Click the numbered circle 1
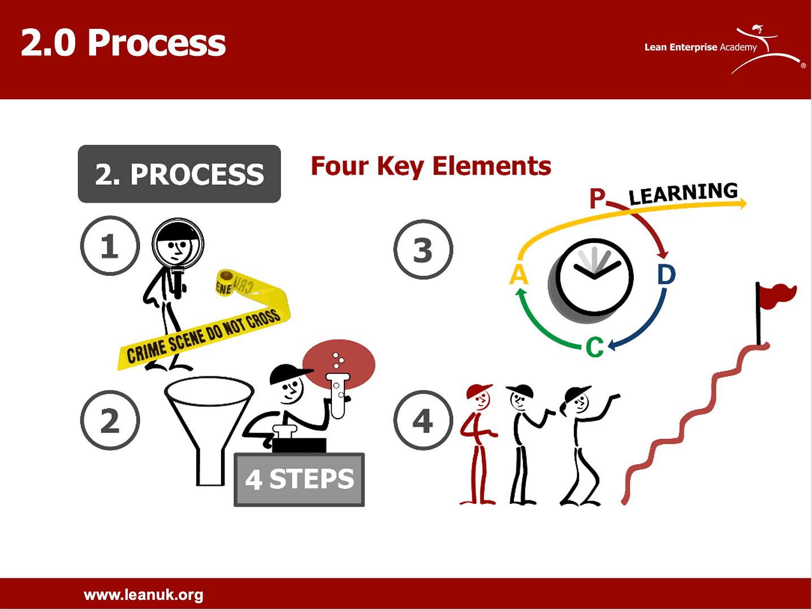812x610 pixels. (x=110, y=246)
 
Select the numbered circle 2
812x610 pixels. (x=110, y=420)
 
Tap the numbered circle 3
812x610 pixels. (x=423, y=249)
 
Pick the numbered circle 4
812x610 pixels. (x=423, y=420)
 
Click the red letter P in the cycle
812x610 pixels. (x=597, y=199)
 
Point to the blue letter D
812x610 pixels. (x=666, y=275)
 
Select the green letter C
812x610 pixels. (x=594, y=347)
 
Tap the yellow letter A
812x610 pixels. (x=519, y=275)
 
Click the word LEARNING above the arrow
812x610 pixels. (x=683, y=193)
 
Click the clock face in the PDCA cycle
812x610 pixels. (x=594, y=277)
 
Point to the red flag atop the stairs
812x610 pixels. (x=777, y=296)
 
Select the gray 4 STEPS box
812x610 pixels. (x=299, y=480)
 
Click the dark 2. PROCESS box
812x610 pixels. (x=179, y=174)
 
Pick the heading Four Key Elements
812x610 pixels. (x=431, y=166)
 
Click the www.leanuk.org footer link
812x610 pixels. (x=144, y=595)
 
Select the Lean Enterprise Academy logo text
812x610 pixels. (x=700, y=47)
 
